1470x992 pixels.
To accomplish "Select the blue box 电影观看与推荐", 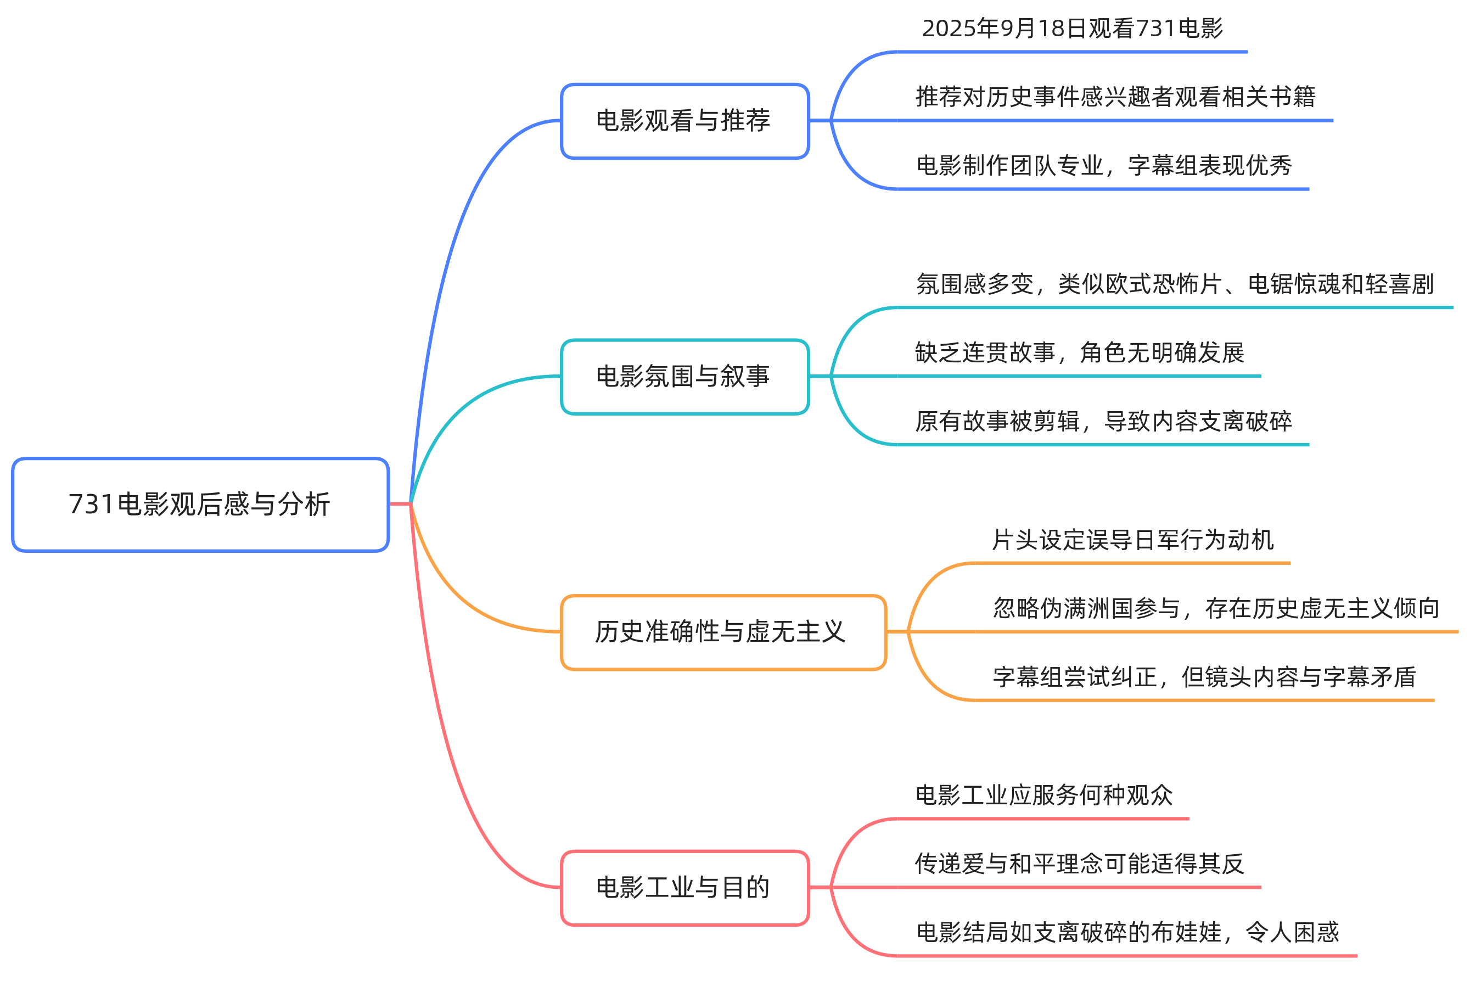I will coord(684,121).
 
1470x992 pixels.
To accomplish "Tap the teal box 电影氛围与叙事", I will coord(684,377).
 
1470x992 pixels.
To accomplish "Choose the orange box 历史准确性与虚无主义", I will coord(723,632).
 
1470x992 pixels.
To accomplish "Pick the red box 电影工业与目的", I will coord(684,888).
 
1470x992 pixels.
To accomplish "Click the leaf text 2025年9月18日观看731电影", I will coord(1072,29).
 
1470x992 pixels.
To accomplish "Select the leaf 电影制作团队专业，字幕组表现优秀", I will coord(1104,166).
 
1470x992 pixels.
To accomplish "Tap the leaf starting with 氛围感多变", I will coord(1175,284).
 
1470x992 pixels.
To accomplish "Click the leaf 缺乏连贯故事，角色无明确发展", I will coord(1079,352).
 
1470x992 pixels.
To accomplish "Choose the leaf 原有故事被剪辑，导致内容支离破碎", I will coord(1103,422).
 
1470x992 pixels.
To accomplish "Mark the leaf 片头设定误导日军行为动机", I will coord(1132,540).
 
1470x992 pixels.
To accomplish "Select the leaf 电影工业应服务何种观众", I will coord(1043,795).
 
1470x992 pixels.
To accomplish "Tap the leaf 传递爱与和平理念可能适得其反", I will coord(1079,864).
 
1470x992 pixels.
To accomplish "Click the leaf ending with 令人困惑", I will coord(1127,933).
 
